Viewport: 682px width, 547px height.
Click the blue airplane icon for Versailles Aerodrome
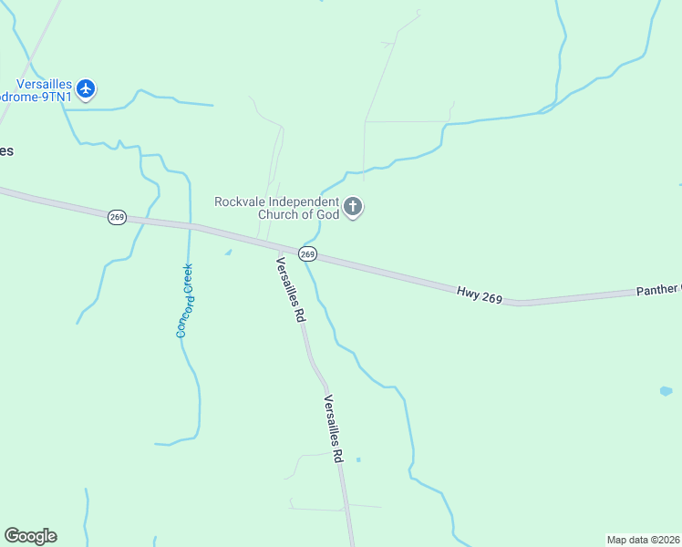[x=86, y=88]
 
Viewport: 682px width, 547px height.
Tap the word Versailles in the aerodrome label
[x=36, y=82]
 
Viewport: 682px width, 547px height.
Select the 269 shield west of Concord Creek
[x=116, y=217]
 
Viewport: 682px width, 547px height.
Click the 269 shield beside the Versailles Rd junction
[x=307, y=253]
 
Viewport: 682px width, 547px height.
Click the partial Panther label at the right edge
[x=657, y=290]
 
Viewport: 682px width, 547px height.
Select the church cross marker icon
[x=354, y=209]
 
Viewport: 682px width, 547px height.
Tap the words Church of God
[x=303, y=214]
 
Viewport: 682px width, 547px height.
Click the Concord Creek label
[x=185, y=301]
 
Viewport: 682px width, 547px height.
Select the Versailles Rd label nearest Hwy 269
[x=289, y=290]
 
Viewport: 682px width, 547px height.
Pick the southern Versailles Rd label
[x=333, y=428]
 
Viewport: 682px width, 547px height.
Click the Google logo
[x=30, y=536]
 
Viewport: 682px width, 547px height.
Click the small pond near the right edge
[x=666, y=391]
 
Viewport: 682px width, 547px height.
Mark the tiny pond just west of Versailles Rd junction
[x=228, y=253]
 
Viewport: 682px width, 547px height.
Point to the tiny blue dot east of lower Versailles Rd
[x=358, y=459]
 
